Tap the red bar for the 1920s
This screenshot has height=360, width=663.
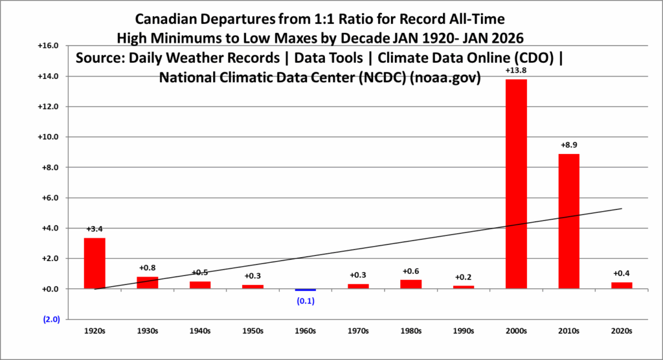pyautogui.click(x=95, y=263)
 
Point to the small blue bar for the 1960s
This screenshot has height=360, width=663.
pyautogui.click(x=305, y=290)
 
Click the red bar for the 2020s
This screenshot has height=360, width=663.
pyautogui.click(x=622, y=286)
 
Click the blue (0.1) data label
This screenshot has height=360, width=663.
pyautogui.click(x=305, y=300)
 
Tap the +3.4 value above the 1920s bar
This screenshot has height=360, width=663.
pyautogui.click(x=95, y=229)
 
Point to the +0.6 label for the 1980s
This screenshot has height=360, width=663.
pyautogui.click(x=411, y=271)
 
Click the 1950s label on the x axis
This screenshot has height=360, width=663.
pyautogui.click(x=253, y=331)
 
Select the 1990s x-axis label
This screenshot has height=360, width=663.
pyautogui.click(x=464, y=331)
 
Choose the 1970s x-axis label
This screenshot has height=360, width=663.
pyautogui.click(x=358, y=331)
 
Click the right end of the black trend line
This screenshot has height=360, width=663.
pyautogui.click(x=622, y=208)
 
